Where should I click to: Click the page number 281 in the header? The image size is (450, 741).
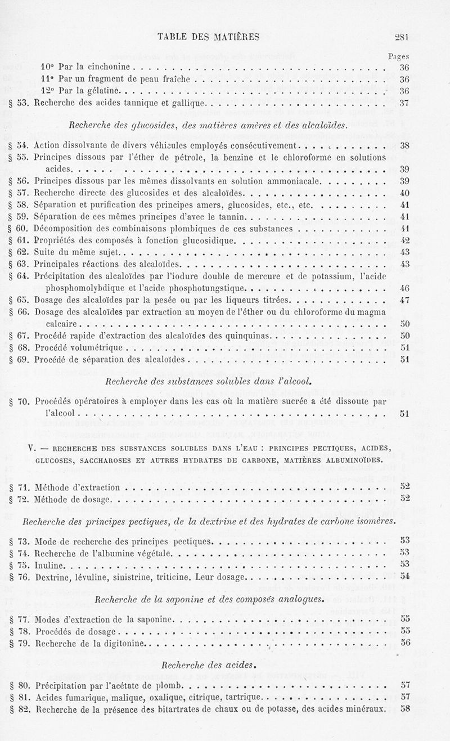point(401,37)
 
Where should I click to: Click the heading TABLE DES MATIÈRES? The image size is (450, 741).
point(208,37)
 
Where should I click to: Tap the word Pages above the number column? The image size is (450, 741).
point(398,56)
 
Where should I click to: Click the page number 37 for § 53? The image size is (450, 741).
point(403,103)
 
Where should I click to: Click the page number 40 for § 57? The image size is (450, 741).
point(403,193)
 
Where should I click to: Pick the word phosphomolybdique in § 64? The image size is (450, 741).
point(83,288)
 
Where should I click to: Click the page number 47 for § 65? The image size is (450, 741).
point(403,300)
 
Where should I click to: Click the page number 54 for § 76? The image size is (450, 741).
point(403,575)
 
